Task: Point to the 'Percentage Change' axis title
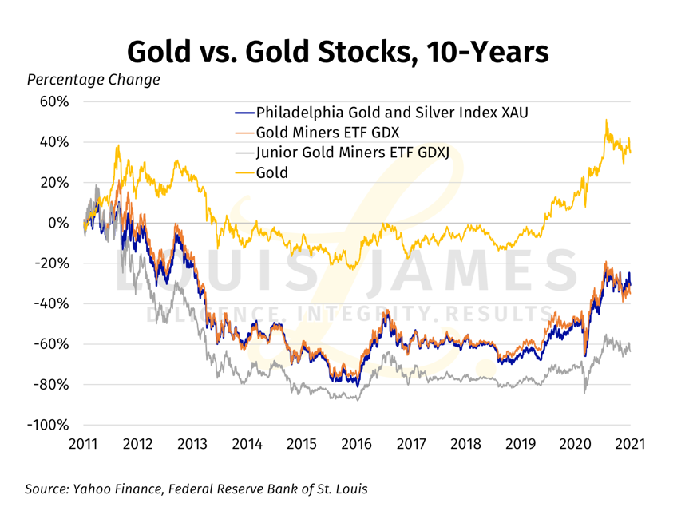click(x=93, y=80)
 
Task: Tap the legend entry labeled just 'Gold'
click(x=272, y=172)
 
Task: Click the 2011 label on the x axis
click(x=83, y=443)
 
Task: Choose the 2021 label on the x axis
click(x=629, y=443)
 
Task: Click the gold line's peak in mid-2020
click(x=606, y=121)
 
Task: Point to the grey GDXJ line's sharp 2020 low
click(x=586, y=392)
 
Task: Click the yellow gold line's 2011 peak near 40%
click(x=117, y=146)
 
